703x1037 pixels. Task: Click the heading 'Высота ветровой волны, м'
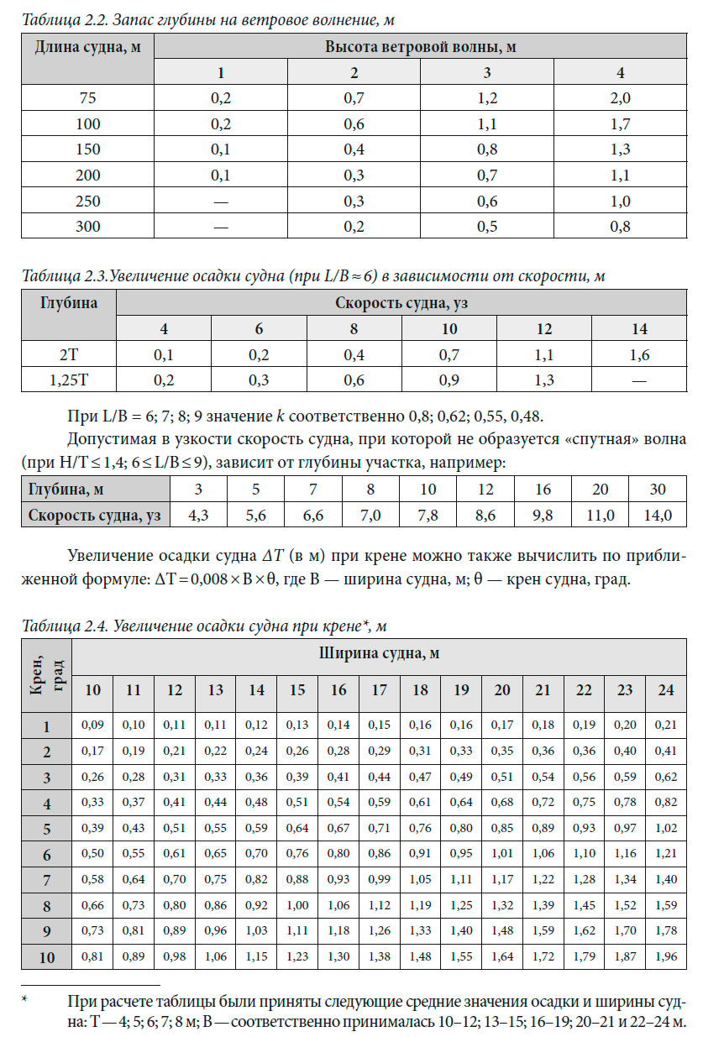tap(420, 47)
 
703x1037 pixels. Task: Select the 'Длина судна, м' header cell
tap(87, 47)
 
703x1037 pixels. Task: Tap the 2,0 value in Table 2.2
tap(619, 97)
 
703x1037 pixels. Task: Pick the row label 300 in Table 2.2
tap(87, 228)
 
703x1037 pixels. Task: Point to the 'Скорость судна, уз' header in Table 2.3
tap(401, 302)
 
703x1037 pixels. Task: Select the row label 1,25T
tap(68, 380)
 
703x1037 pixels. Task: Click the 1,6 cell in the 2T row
tap(639, 354)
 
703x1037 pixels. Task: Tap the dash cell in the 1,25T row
tap(639, 380)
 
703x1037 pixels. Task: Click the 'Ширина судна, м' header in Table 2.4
tap(380, 652)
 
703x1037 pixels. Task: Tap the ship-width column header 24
tap(666, 690)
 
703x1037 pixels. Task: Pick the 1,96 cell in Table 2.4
tap(666, 956)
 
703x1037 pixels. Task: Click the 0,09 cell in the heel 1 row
tap(92, 725)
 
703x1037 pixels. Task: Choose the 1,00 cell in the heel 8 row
tap(297, 904)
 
